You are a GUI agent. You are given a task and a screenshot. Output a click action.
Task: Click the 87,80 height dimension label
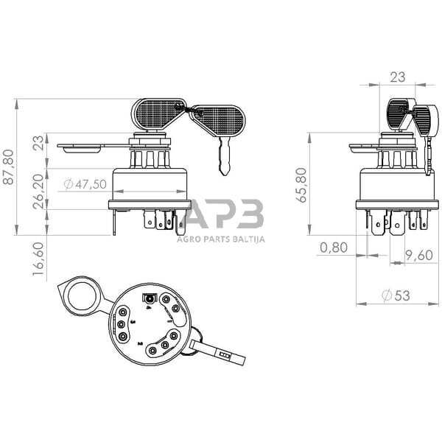coord(8,167)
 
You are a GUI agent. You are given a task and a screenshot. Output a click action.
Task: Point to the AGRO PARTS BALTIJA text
coord(221,238)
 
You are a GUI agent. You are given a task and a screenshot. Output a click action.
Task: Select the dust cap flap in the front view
coord(81,148)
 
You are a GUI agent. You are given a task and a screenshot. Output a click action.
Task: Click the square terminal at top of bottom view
coord(150,299)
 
